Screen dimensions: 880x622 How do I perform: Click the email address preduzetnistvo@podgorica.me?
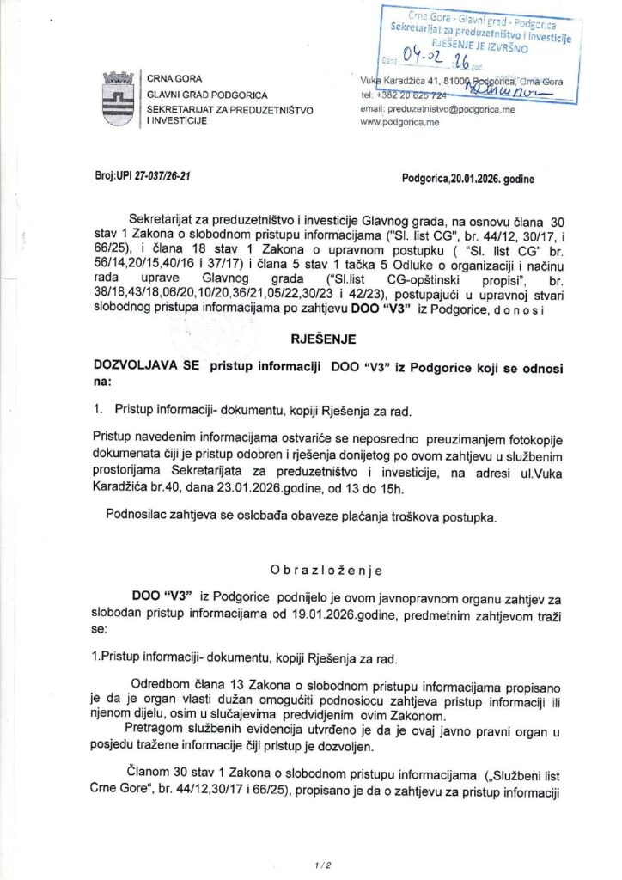click(x=434, y=110)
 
